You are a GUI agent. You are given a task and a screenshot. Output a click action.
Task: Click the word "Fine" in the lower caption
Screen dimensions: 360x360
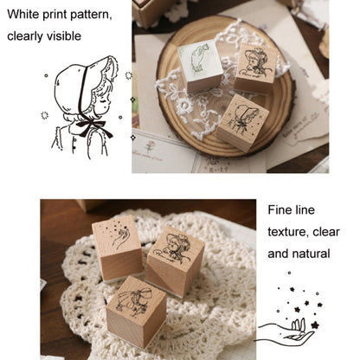point(279,209)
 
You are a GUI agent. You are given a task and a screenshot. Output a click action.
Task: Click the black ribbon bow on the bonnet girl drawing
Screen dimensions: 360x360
point(93,127)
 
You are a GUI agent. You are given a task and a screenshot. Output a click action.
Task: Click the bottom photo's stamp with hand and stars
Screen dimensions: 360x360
point(118,247)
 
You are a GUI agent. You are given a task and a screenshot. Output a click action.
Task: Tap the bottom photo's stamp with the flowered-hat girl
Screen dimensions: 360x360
point(175,260)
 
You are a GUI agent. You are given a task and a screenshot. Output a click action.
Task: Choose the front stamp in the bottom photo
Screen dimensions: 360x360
point(136,311)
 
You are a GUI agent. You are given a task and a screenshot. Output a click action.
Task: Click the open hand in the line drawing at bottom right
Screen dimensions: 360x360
point(286,332)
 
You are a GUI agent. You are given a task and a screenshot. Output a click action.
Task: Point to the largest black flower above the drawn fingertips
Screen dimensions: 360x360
point(315,325)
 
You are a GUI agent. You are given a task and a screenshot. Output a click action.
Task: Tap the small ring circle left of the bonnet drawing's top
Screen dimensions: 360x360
point(46,75)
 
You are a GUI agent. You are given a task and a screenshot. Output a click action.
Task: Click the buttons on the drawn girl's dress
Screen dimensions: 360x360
point(74,144)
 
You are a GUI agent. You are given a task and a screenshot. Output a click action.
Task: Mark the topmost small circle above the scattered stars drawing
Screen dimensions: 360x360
point(289,273)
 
